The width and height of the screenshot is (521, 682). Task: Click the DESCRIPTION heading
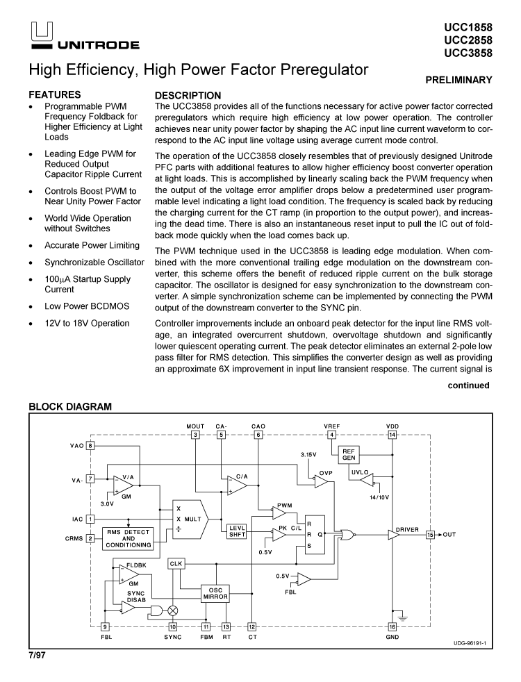[x=188, y=95]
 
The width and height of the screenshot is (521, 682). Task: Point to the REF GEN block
[x=349, y=455]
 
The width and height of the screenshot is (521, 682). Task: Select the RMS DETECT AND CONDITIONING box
[x=129, y=538]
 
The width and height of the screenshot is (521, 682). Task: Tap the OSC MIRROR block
[x=215, y=592]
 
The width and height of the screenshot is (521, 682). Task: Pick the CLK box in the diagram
[x=176, y=564]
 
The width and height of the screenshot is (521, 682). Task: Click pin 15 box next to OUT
[x=430, y=535]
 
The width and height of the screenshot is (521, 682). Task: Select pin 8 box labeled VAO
[x=90, y=445]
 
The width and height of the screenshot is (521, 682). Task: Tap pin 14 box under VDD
[x=392, y=435]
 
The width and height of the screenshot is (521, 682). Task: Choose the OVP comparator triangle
[x=320, y=481]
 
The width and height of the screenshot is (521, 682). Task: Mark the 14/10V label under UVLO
[x=380, y=497]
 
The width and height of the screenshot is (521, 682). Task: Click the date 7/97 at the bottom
[x=36, y=655]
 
